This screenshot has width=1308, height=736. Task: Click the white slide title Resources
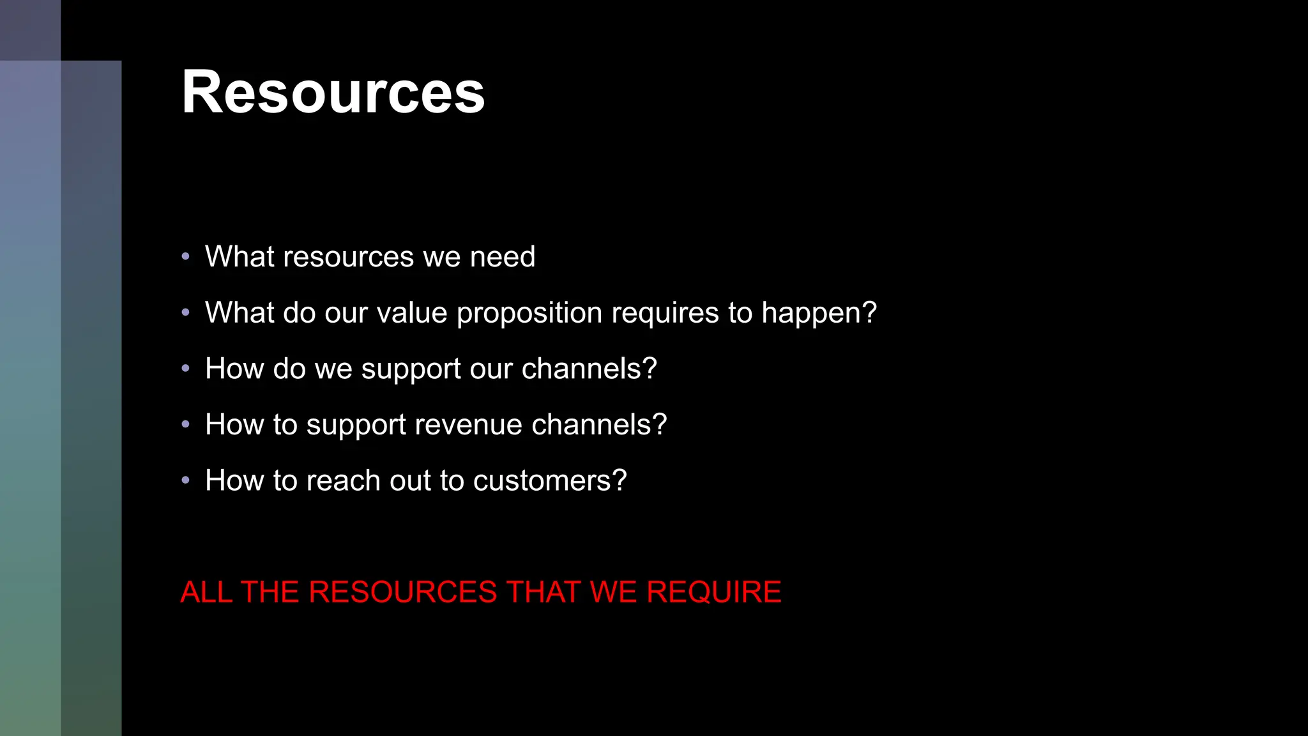pos(333,93)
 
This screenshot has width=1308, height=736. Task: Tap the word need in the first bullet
pos(503,257)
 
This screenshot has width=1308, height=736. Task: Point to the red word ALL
pos(206,592)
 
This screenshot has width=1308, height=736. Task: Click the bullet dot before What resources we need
pos(186,257)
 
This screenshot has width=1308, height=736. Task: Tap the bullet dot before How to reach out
pos(186,480)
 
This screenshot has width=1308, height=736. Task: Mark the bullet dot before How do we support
pos(186,369)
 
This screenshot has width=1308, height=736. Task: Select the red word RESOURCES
pos(403,592)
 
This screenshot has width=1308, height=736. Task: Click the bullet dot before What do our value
pos(186,313)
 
